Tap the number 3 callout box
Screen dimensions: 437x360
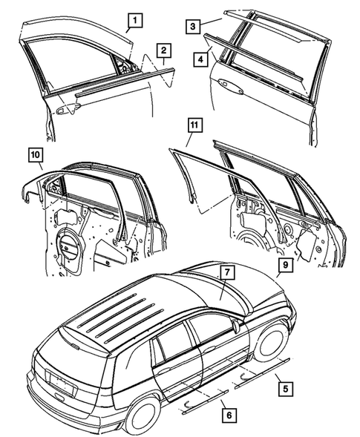[x=192, y=27]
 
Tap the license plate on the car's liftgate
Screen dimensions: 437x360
[x=62, y=382]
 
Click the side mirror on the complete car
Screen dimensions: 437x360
[x=235, y=324]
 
